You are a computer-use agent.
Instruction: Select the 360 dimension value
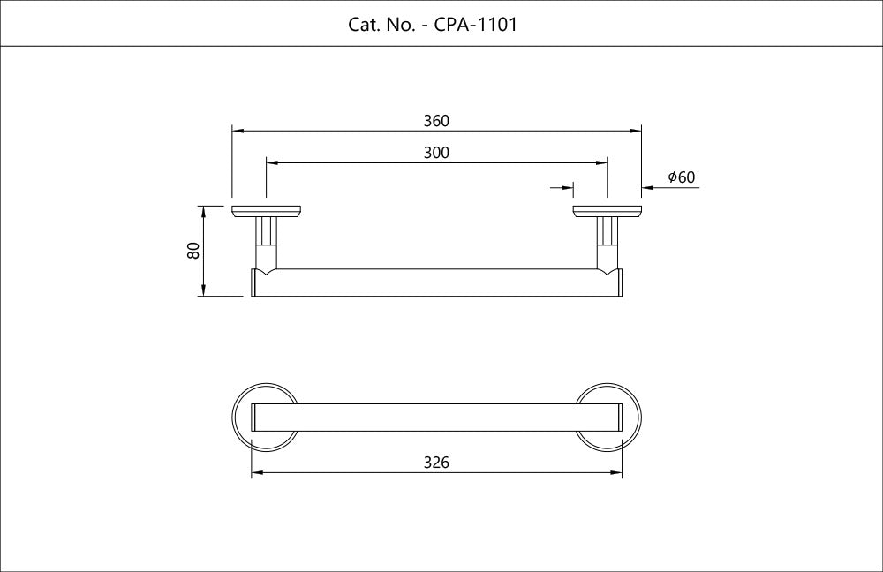click(x=436, y=121)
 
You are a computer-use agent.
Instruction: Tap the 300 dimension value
click(x=436, y=153)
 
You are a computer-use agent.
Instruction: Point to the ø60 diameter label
click(x=681, y=177)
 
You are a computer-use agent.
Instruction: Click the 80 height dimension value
click(x=193, y=251)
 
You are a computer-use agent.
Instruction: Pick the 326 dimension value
click(x=436, y=463)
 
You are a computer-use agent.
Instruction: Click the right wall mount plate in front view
click(x=607, y=211)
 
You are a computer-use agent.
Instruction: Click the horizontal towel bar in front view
click(x=436, y=282)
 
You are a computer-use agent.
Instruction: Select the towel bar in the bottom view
click(x=436, y=418)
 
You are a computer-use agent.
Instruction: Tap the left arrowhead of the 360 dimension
click(x=238, y=131)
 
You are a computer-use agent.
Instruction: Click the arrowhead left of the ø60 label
click(x=647, y=187)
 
